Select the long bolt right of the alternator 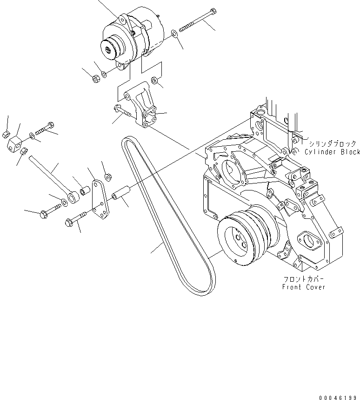point(195,20)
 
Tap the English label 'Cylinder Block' point(332,152)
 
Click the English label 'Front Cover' point(304,287)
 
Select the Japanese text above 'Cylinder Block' point(331,144)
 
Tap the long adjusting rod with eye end point(51,177)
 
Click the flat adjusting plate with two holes point(99,201)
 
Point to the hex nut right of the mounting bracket point(156,84)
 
